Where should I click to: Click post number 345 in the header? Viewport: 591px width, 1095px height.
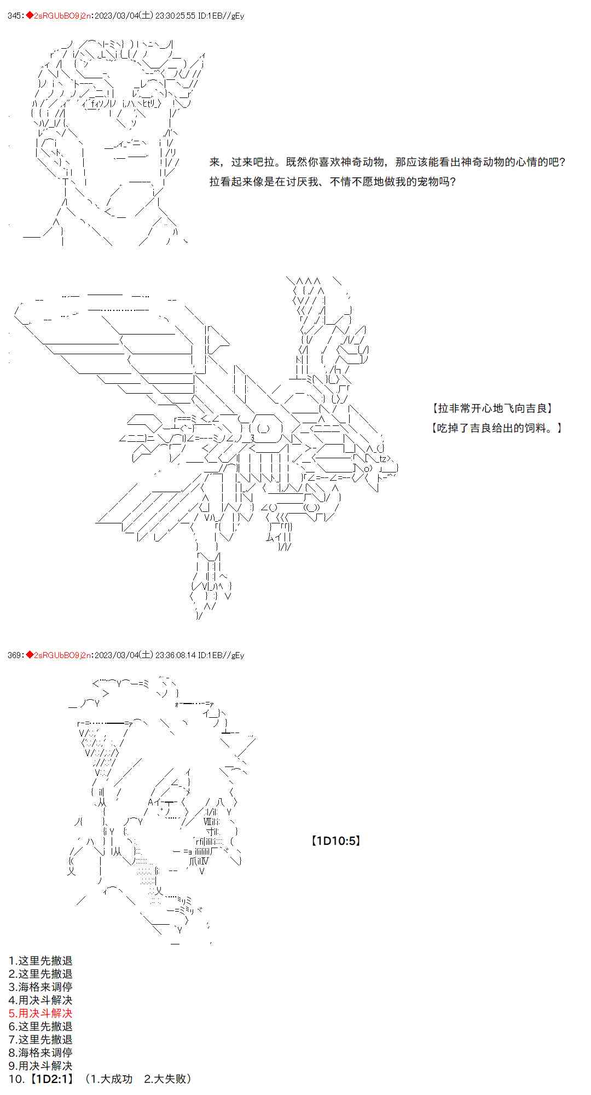pos(15,16)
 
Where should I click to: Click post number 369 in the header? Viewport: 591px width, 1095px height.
pos(15,655)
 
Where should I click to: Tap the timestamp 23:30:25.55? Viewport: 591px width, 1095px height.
pos(175,16)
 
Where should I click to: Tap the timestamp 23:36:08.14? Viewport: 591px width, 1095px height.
pos(175,655)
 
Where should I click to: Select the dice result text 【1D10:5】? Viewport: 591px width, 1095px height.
pos(335,840)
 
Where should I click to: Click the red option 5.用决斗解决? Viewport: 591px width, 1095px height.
pos(40,1013)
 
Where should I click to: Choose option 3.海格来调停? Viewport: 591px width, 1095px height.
pos(40,987)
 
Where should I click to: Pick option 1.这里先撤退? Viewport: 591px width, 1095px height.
pos(40,960)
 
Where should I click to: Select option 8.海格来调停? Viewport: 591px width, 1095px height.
pos(40,1052)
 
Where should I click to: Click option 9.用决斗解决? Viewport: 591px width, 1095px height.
pos(40,1065)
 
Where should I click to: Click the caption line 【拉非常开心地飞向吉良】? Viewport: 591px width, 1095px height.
pos(492,408)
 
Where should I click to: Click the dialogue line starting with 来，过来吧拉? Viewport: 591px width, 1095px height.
pos(387,162)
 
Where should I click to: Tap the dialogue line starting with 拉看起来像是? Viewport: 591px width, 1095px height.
pos(333,181)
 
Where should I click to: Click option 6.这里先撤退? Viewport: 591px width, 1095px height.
pos(40,1026)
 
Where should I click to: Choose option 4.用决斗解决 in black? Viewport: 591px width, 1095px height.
pos(40,1000)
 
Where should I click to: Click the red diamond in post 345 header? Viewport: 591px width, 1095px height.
pos(30,16)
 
